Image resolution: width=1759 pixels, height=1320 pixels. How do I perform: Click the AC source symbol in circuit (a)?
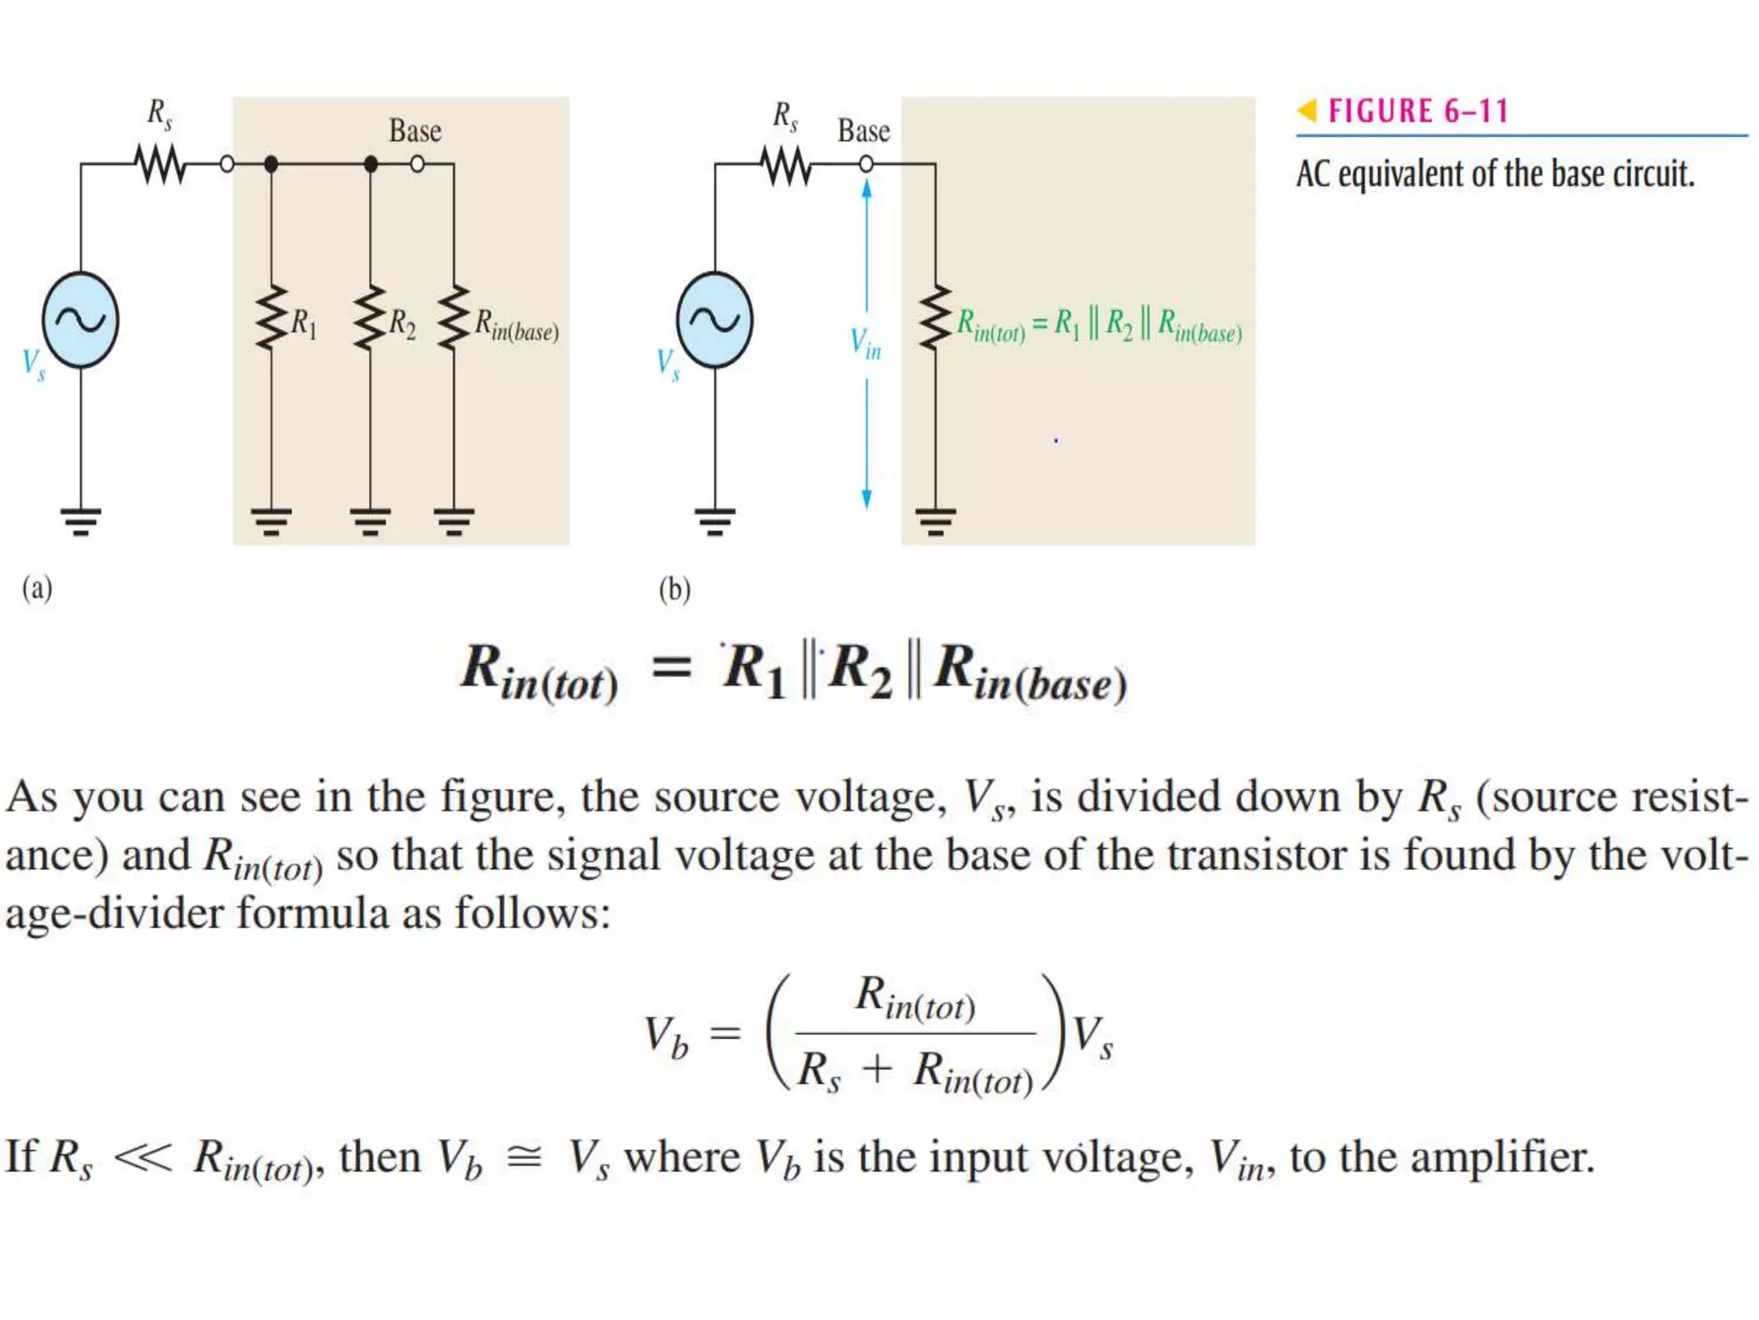click(x=80, y=320)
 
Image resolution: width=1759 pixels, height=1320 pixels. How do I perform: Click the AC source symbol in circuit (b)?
click(x=714, y=320)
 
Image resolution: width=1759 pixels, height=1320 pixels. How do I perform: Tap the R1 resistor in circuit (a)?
click(x=271, y=318)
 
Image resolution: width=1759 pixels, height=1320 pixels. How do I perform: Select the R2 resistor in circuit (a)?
click(x=370, y=318)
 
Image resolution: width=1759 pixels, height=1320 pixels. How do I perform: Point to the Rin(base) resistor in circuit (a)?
click(x=453, y=318)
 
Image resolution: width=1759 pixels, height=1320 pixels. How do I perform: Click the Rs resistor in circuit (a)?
click(x=161, y=164)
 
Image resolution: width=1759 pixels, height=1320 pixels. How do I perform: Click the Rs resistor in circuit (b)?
click(x=786, y=165)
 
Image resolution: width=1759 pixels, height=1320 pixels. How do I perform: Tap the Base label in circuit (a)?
click(x=415, y=131)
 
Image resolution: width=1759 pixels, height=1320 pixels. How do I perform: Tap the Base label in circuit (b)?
click(x=863, y=131)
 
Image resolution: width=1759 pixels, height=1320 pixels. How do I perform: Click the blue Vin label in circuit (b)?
click(x=865, y=343)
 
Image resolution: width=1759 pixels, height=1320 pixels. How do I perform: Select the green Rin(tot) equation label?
click(x=1099, y=326)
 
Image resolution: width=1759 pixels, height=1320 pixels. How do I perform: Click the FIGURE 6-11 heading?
click(x=1418, y=111)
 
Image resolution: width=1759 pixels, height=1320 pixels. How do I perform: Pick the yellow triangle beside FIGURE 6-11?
click(x=1306, y=110)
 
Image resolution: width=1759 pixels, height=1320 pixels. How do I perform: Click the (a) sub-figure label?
click(x=37, y=589)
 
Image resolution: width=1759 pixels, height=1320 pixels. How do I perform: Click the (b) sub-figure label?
click(x=674, y=590)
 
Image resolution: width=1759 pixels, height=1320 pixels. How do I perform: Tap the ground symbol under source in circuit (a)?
click(x=81, y=521)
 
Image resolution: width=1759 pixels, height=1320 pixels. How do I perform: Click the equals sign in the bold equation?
click(x=671, y=668)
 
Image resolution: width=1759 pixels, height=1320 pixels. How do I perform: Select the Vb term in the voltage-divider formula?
click(x=666, y=1036)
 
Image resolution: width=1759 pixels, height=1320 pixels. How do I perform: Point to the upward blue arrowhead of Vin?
click(x=867, y=189)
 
